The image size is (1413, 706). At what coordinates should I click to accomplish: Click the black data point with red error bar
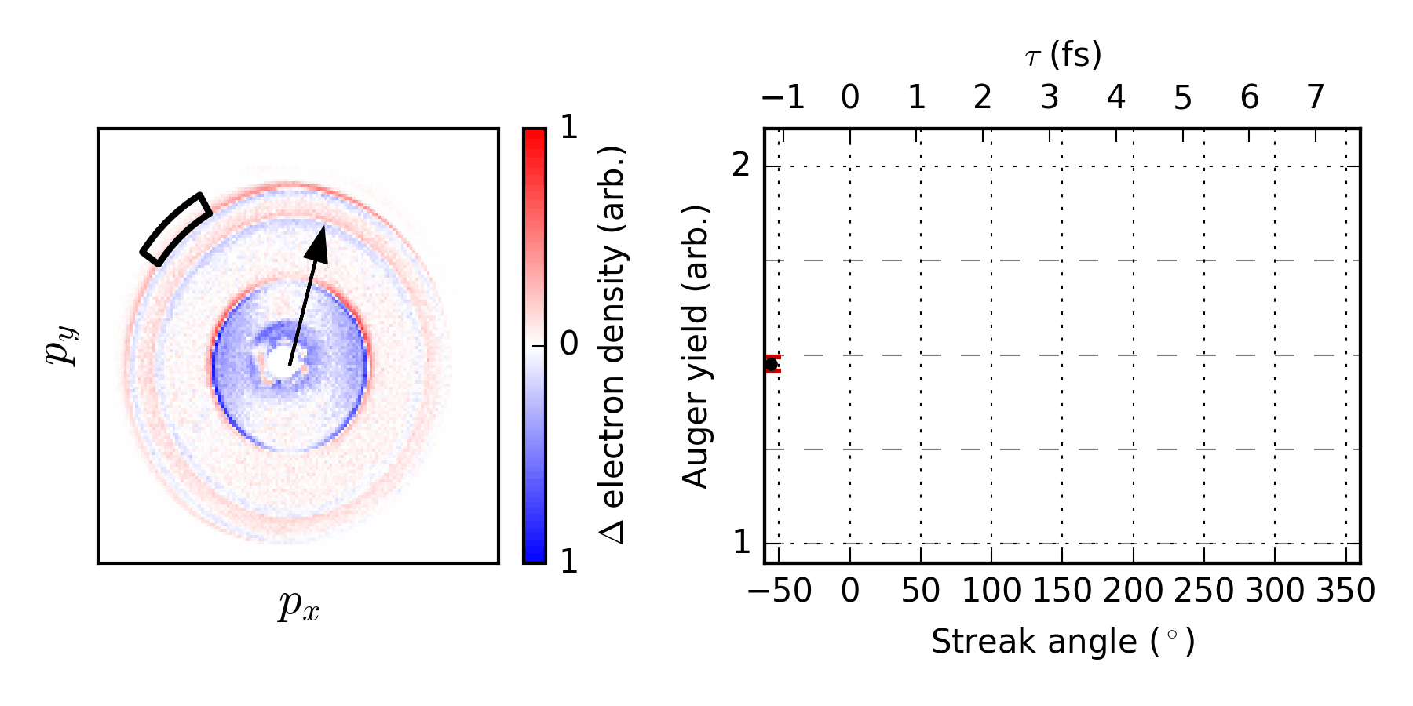(772, 364)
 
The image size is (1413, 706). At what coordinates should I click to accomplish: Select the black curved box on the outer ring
(176, 229)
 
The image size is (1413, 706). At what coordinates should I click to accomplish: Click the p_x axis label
(298, 606)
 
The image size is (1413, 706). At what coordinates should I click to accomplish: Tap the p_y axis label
(62, 346)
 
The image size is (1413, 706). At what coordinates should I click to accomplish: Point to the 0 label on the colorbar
(569, 344)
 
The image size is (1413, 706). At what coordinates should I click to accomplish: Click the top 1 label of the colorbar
(569, 128)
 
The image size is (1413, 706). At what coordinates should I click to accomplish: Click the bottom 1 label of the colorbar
(569, 562)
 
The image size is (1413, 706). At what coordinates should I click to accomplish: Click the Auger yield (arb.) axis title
(696, 346)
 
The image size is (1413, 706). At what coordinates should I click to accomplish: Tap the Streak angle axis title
(1063, 642)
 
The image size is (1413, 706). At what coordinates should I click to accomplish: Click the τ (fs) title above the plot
(1063, 55)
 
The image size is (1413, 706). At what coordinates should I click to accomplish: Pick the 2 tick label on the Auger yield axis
(741, 166)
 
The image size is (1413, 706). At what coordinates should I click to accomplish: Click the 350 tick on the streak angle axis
(1346, 591)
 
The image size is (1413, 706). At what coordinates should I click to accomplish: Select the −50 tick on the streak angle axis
(779, 591)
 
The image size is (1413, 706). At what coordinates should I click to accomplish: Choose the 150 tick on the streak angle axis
(1062, 591)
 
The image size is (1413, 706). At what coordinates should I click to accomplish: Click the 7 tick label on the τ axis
(1316, 98)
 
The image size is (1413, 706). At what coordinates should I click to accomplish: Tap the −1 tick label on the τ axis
(783, 98)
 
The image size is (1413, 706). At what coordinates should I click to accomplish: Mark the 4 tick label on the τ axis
(1116, 98)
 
